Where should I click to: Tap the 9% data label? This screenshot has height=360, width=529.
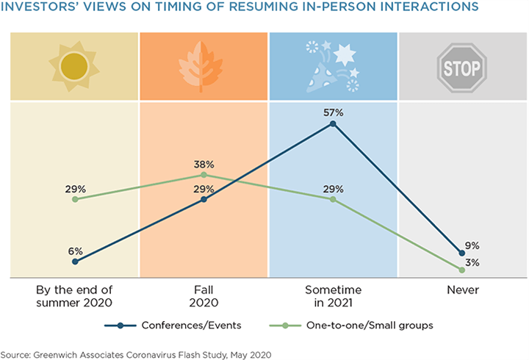point(471,245)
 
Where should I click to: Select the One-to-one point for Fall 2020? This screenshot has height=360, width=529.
point(204,175)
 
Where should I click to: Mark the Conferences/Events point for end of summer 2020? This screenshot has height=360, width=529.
point(74,261)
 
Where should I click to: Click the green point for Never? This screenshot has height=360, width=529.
point(461,270)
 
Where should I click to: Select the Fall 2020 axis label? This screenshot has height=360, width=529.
point(204,296)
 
